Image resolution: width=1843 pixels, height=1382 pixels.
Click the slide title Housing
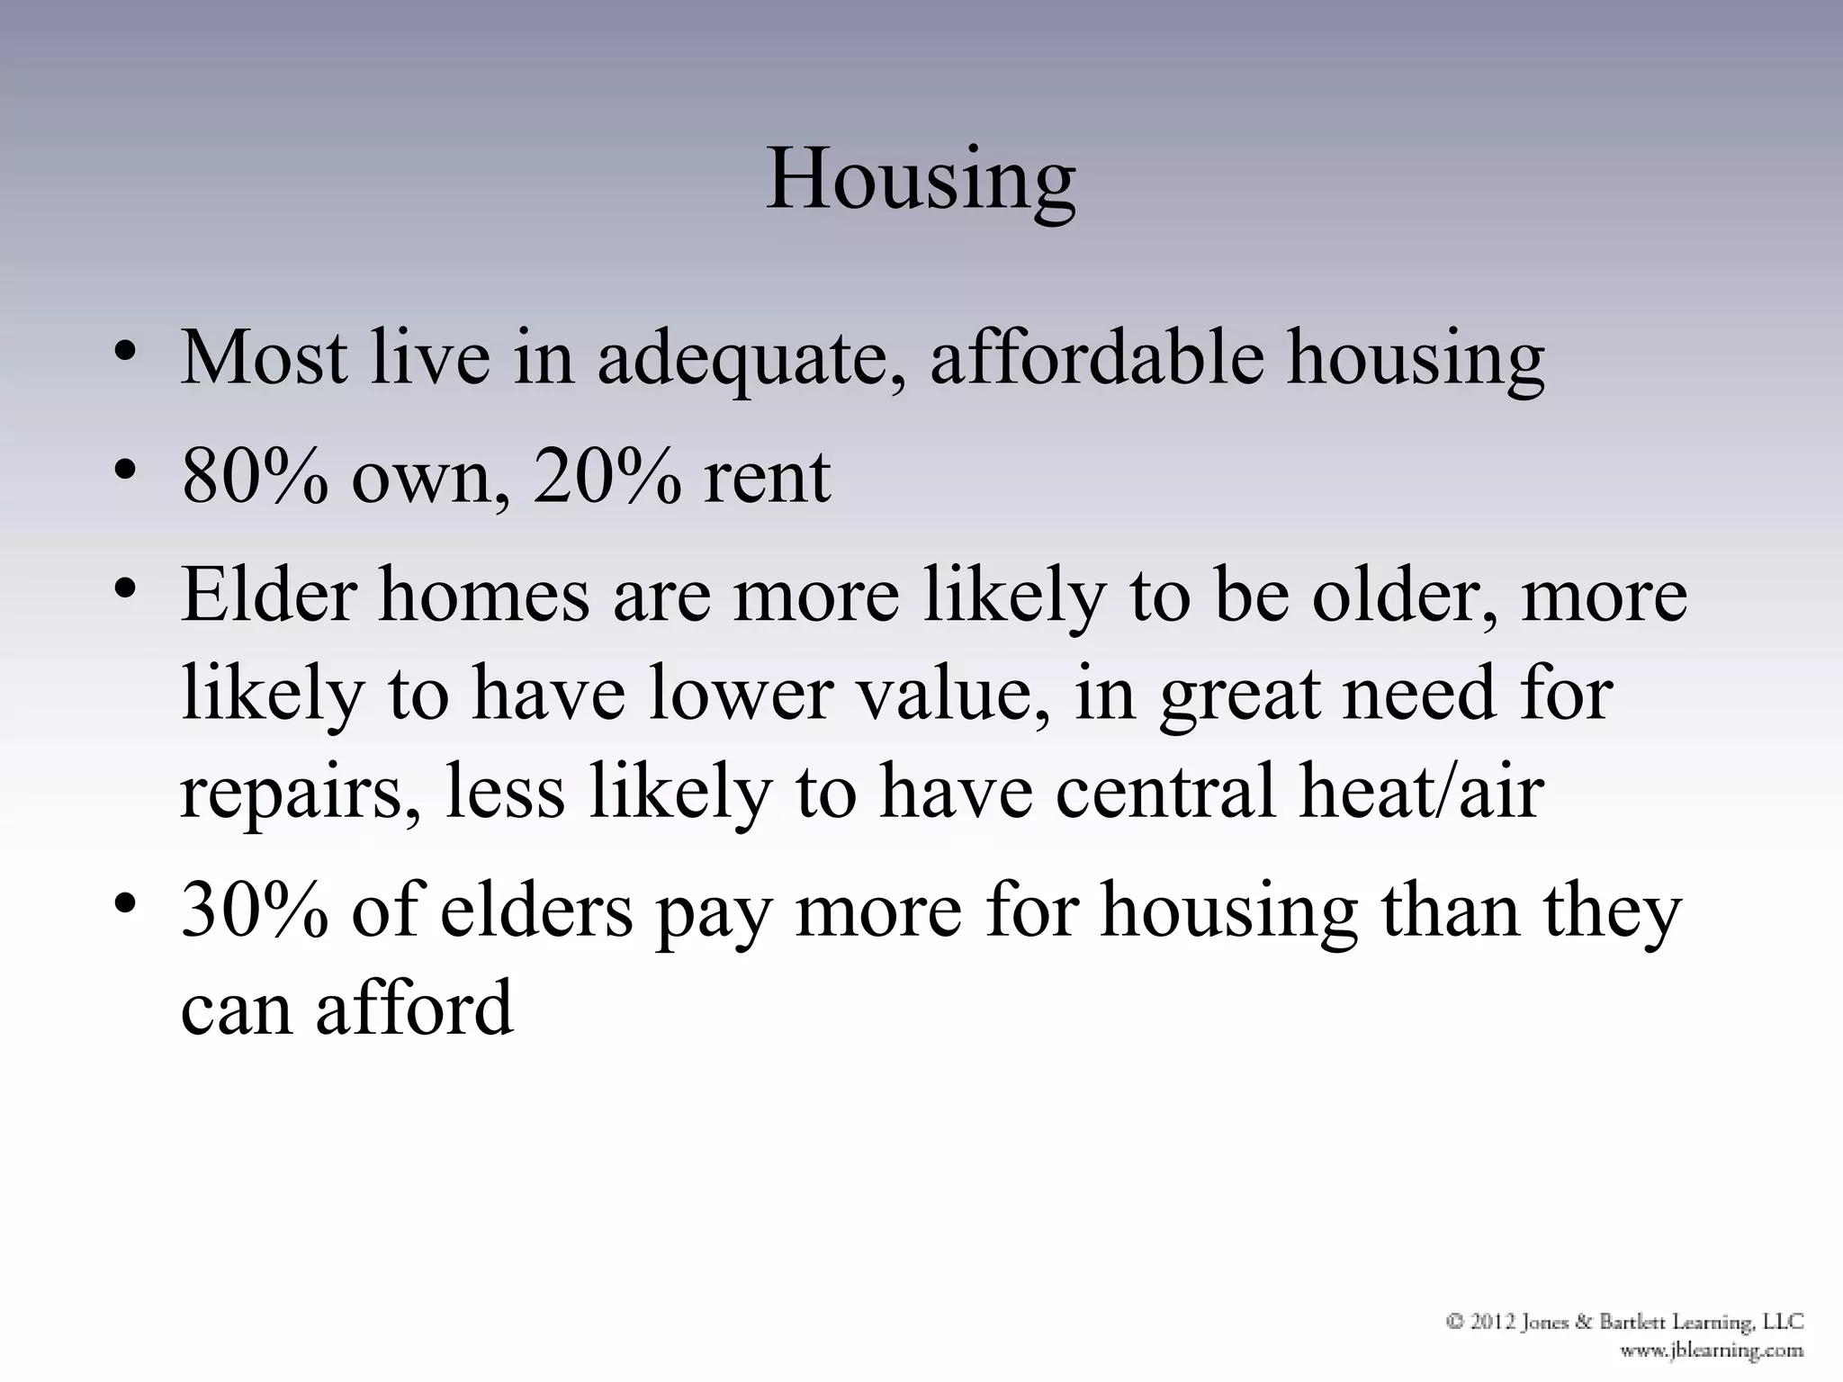point(921,180)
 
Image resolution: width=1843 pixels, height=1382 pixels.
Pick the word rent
point(767,478)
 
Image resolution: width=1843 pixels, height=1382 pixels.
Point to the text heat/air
point(1422,791)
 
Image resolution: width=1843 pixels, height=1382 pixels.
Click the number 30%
point(255,910)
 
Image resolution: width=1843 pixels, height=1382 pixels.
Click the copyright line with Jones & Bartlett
point(1624,1322)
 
